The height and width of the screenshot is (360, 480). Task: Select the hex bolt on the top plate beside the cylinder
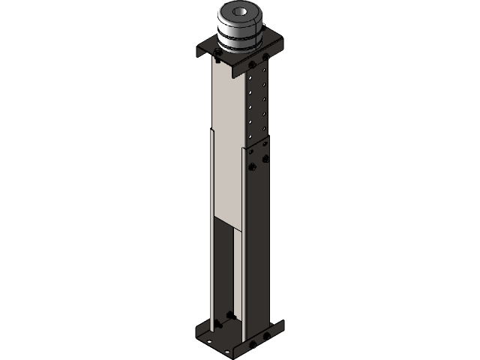[218, 52]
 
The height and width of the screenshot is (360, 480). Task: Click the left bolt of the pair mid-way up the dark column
[252, 166]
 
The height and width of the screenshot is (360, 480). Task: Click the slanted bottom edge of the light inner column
[228, 223]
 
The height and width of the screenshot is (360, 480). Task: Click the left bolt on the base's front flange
[252, 344]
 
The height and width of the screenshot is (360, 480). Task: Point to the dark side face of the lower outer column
[258, 247]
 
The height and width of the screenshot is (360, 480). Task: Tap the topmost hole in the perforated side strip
[264, 68]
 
